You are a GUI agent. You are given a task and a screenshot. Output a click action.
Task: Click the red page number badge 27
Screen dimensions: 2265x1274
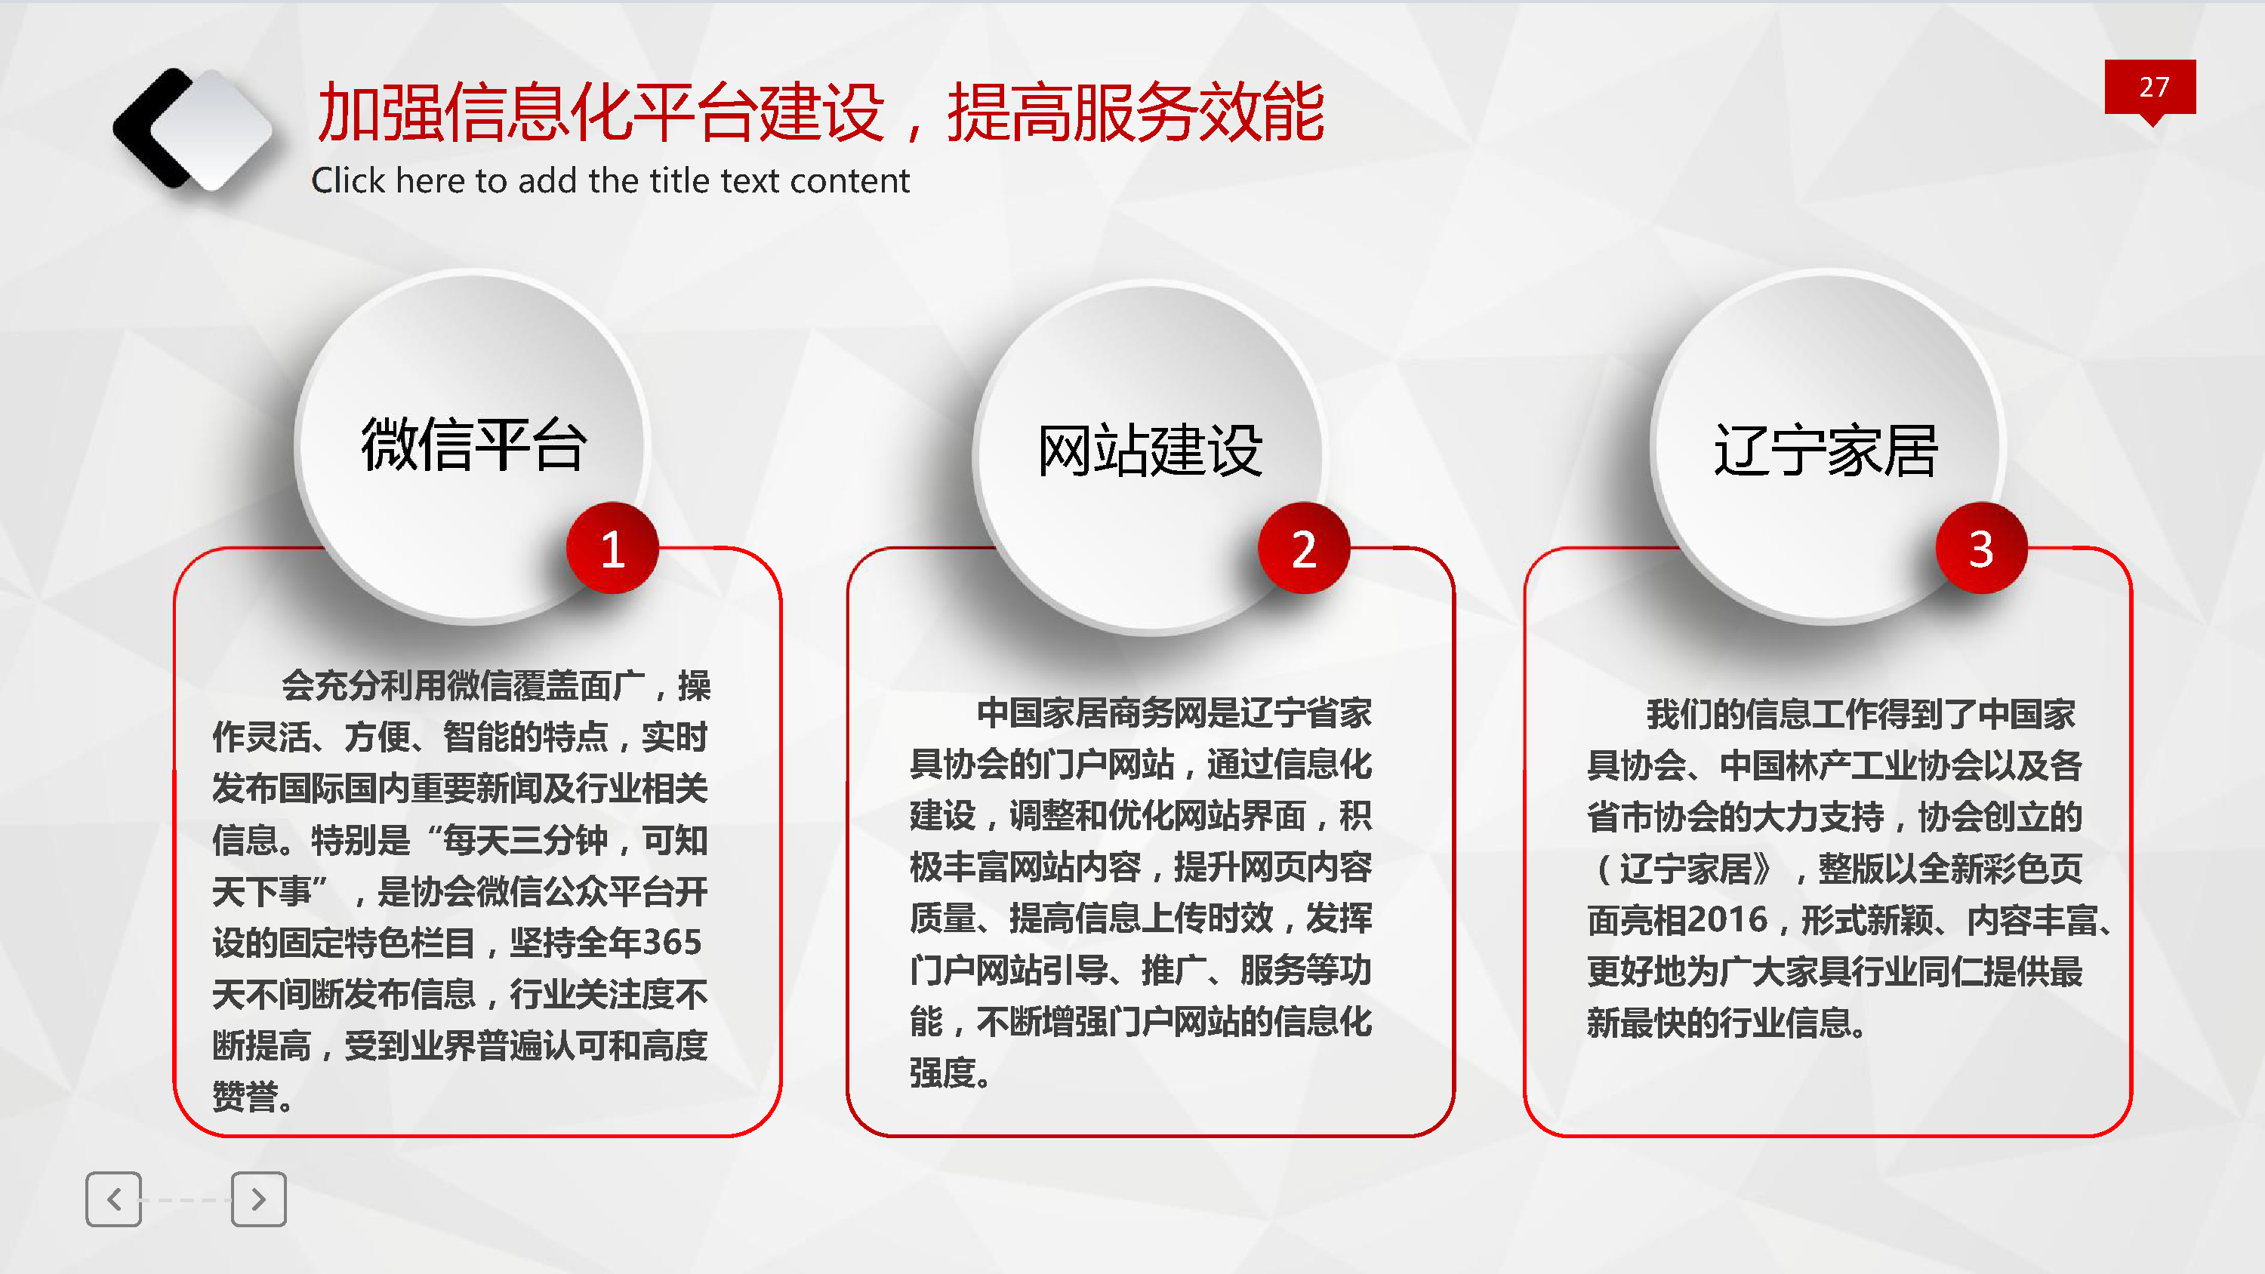point(2149,88)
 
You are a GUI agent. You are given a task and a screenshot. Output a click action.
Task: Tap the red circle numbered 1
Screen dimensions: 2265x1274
point(613,549)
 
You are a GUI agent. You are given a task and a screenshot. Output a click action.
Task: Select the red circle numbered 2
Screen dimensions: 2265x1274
point(1304,549)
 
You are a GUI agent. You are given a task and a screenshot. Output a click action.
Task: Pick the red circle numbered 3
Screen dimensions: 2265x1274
point(1981,549)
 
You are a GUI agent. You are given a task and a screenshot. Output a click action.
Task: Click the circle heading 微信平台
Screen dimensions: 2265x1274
point(473,445)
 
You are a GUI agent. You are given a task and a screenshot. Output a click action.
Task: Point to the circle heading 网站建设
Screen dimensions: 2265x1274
point(1150,450)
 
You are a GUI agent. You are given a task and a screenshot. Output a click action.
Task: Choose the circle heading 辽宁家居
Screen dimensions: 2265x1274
point(1826,450)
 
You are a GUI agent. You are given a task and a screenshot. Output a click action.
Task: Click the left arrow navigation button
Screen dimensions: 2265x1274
point(113,1199)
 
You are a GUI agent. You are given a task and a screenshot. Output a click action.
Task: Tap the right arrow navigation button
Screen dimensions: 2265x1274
point(258,1199)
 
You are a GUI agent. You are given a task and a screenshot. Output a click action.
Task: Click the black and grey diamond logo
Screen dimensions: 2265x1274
point(192,129)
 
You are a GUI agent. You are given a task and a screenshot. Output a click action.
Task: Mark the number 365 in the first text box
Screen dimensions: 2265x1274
point(672,943)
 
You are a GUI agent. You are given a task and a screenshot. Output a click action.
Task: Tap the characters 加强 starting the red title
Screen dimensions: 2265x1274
point(380,112)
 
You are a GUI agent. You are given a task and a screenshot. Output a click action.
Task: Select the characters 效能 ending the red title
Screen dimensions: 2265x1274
point(1262,112)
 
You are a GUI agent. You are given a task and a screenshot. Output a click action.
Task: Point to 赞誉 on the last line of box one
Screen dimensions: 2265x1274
point(245,1097)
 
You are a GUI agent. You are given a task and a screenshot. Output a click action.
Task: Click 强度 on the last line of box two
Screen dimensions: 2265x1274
point(942,1072)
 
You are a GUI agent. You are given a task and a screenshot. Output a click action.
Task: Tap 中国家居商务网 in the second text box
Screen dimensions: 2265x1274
point(1091,713)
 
